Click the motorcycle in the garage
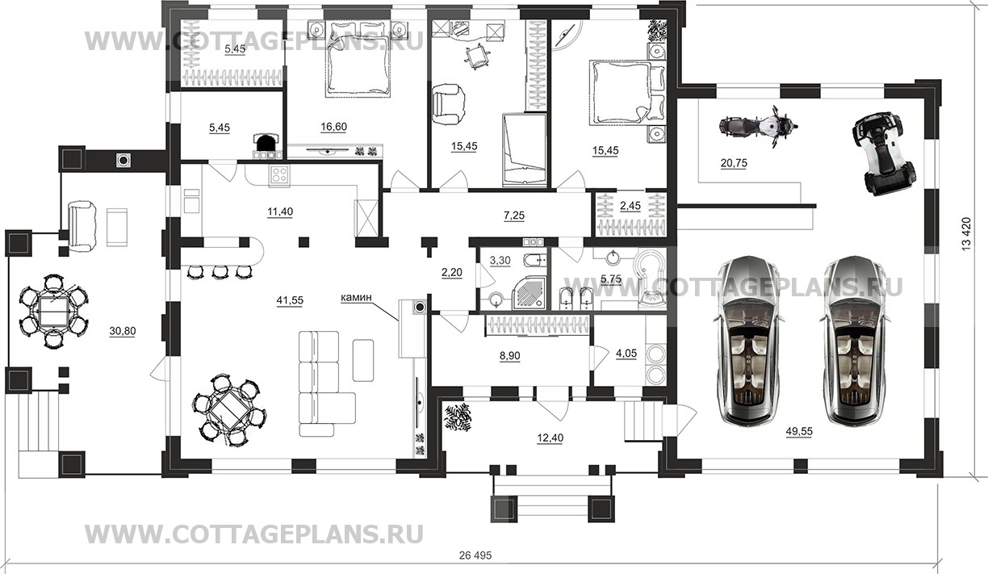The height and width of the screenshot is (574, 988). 757,127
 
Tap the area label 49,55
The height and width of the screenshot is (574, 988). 798,432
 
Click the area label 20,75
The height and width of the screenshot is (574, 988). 734,162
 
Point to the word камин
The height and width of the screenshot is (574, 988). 356,298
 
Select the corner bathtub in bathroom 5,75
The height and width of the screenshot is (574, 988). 648,279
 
